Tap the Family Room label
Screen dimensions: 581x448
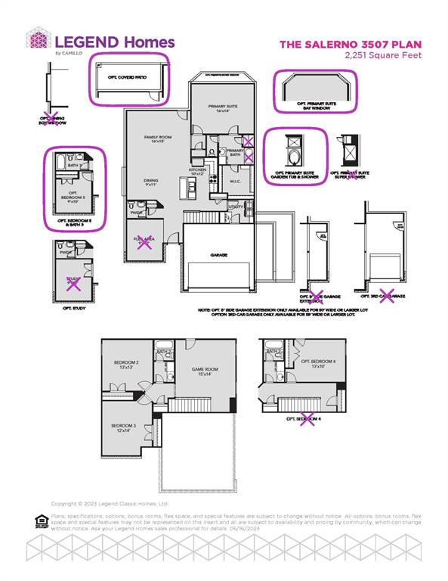[158, 138]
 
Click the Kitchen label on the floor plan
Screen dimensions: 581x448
[197, 172]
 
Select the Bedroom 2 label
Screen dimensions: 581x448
[125, 365]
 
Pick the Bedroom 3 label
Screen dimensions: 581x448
[125, 427]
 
